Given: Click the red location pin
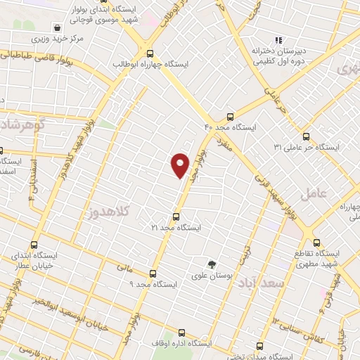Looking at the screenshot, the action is pos(181,165).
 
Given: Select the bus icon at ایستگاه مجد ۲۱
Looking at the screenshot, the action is pos(176,217).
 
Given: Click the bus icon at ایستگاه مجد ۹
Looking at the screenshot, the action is pos(151,273).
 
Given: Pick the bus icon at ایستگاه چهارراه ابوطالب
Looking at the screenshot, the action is pos(149,53).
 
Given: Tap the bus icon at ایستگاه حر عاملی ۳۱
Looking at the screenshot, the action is pos(306,136).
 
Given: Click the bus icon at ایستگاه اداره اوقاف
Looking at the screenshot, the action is pos(181,333).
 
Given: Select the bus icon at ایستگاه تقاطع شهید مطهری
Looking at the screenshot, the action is pos(316,242).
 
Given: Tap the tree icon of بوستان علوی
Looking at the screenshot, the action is pos(211,264).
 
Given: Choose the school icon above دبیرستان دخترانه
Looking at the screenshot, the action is pos(278,40).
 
